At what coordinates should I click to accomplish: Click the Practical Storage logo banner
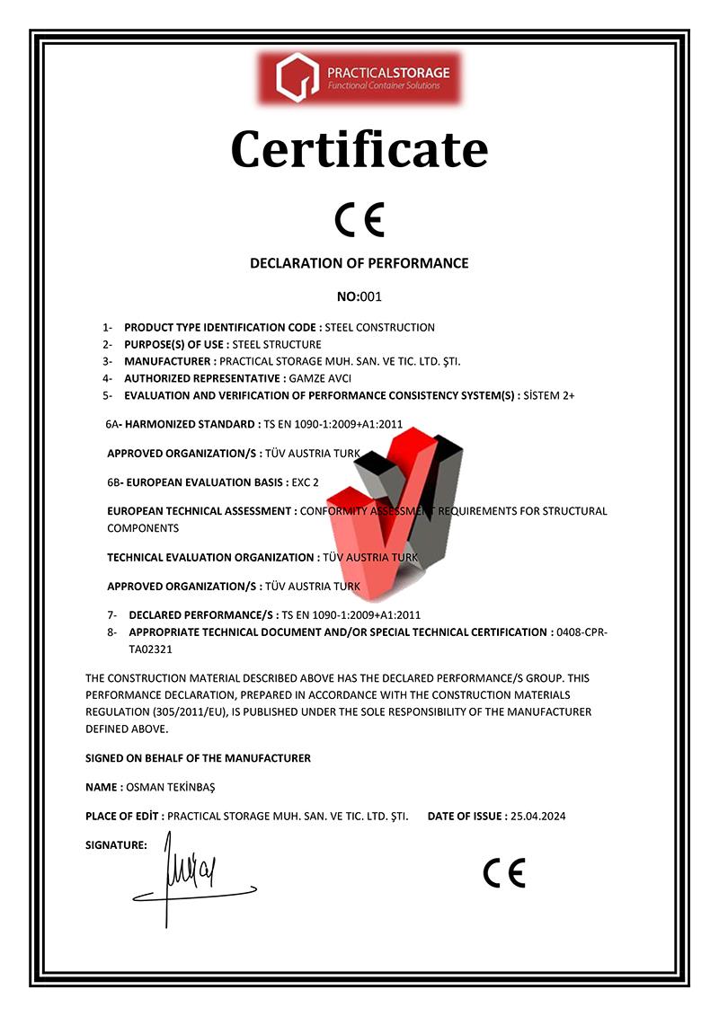(x=359, y=77)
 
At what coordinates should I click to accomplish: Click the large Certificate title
(x=359, y=149)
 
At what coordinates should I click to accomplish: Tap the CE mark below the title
(x=359, y=218)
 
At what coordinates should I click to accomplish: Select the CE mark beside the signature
(x=503, y=872)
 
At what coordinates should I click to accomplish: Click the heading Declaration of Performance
(x=359, y=263)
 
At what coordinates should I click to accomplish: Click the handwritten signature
(x=193, y=876)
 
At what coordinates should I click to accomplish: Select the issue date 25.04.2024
(x=537, y=816)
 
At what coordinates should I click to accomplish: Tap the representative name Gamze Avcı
(x=320, y=378)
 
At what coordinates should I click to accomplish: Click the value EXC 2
(x=306, y=481)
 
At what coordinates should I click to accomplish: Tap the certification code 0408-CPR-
(x=582, y=632)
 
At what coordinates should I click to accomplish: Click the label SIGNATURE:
(x=116, y=845)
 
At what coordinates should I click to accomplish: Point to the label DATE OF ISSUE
(x=466, y=816)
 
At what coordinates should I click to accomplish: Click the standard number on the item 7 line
(x=351, y=615)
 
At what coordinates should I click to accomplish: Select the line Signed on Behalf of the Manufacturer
(x=198, y=758)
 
